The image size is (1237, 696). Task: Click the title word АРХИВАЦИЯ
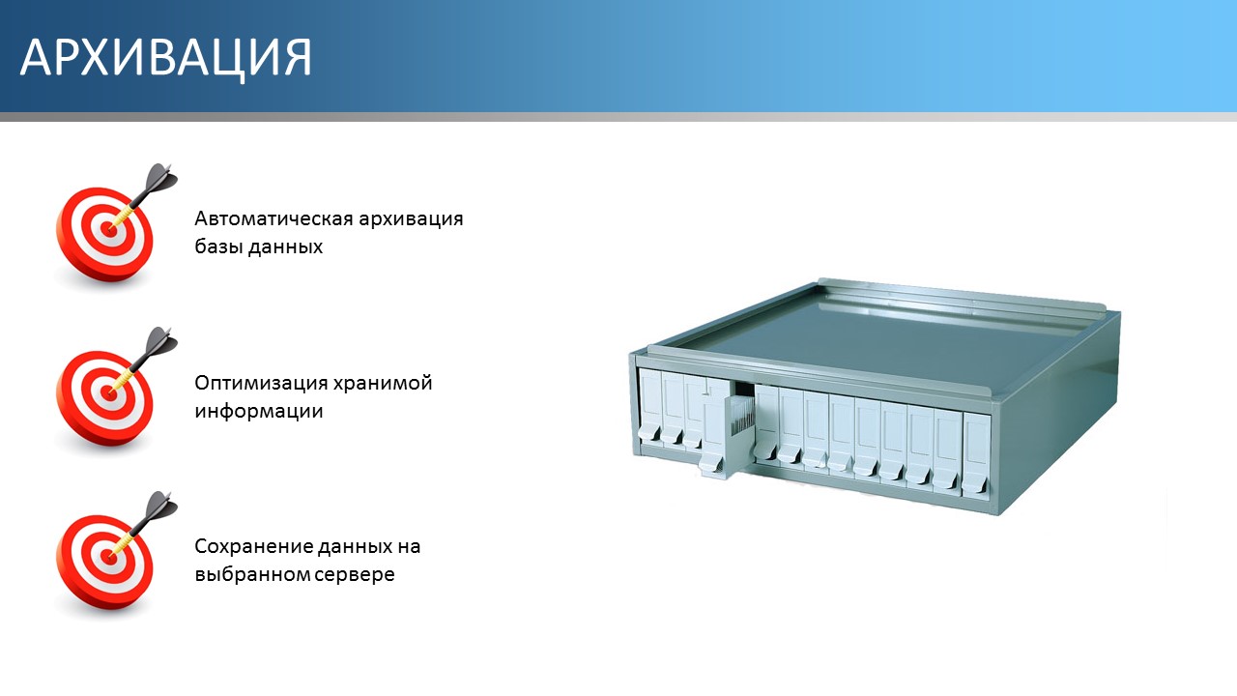[x=165, y=58]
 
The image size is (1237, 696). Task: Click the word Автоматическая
[x=273, y=218]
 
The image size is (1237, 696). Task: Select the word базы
[x=218, y=246]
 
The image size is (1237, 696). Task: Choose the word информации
[x=258, y=412]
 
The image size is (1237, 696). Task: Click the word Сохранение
[x=253, y=547]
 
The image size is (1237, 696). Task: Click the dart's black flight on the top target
[x=161, y=179]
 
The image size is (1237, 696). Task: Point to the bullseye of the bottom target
[x=109, y=558]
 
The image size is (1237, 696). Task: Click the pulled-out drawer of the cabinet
[x=726, y=434]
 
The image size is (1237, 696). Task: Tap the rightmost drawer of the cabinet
[x=976, y=455]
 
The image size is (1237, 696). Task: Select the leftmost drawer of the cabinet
[x=650, y=406]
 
